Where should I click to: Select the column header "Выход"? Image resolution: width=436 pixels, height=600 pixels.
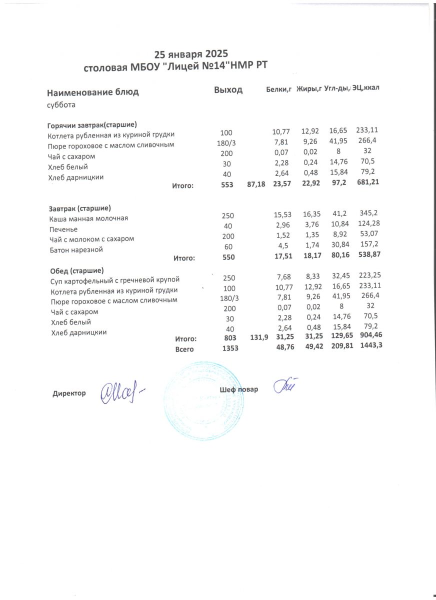(228, 90)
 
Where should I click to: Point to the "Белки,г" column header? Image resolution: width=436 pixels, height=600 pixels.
(278, 90)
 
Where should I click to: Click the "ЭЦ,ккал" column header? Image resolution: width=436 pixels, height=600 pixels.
(365, 88)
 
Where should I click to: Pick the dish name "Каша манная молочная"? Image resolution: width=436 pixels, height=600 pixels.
(88, 218)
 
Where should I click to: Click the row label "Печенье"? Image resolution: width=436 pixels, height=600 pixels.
(63, 229)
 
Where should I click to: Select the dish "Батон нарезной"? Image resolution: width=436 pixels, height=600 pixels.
(76, 249)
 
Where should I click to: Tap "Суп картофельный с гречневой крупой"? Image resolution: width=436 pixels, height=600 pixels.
(115, 280)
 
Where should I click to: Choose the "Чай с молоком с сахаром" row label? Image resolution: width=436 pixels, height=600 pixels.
(92, 239)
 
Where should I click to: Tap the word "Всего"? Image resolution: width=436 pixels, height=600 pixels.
(184, 349)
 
